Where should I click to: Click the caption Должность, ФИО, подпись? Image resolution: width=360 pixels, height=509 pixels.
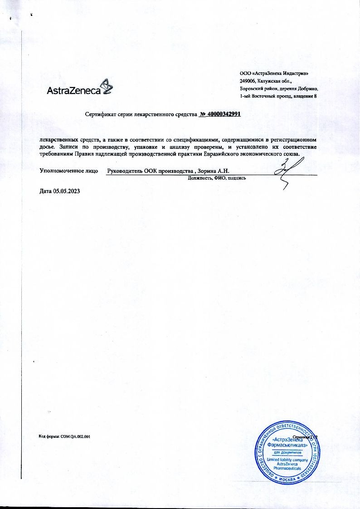coord(217,178)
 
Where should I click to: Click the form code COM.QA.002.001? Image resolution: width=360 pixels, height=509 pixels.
coord(75,436)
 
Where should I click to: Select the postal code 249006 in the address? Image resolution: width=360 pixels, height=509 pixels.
coord(248,81)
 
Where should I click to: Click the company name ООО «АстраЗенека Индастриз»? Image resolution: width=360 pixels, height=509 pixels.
coord(276,73)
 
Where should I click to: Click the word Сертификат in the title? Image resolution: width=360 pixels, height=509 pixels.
coord(99,115)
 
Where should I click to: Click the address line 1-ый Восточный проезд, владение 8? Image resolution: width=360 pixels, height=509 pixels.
coord(278,96)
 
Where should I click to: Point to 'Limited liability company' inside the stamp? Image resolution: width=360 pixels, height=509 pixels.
coord(287,460)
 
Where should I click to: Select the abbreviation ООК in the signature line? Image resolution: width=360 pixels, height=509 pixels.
coord(152,171)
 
